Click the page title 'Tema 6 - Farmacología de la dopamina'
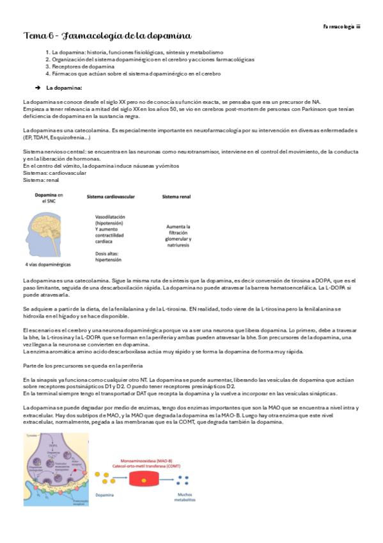click(107, 36)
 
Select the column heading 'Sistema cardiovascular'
click(112, 197)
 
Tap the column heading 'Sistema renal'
click(177, 197)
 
